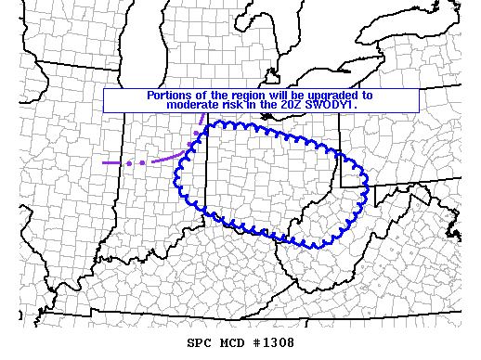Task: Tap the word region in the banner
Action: point(240,95)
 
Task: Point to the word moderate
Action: point(193,105)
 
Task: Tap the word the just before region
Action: point(214,95)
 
